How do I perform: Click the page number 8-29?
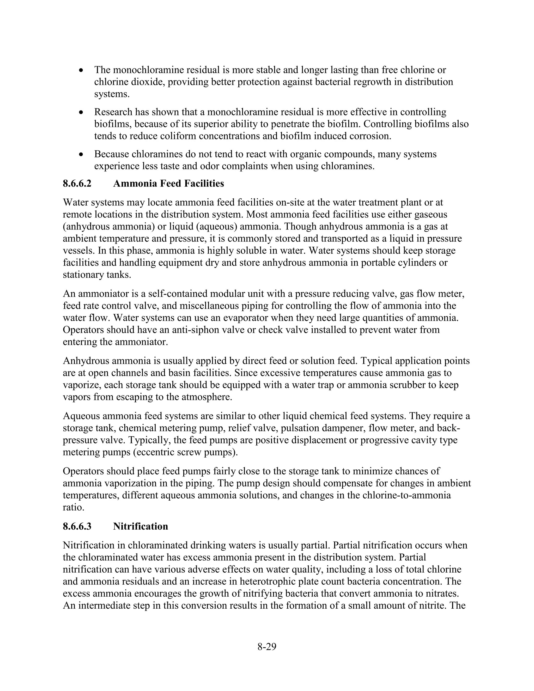click(x=267, y=647)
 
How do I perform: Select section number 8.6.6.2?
click(x=77, y=184)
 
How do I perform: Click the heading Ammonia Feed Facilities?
click(x=168, y=184)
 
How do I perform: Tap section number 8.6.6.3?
click(x=77, y=526)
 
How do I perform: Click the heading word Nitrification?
click(x=141, y=526)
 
